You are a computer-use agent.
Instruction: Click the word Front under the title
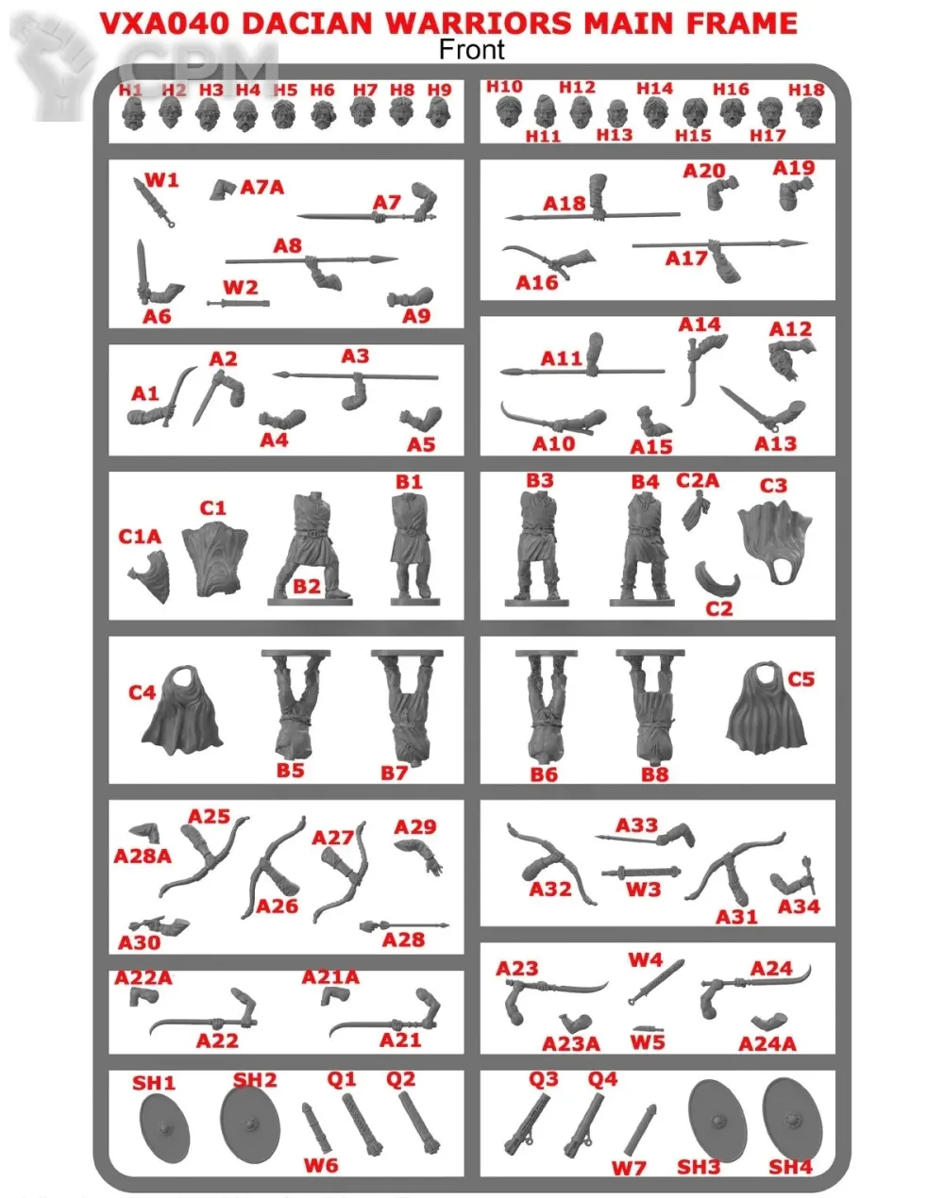pos(471,50)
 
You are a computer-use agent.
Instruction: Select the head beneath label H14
pos(656,112)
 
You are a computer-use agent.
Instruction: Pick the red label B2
pos(307,586)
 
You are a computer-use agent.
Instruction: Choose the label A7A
pos(261,187)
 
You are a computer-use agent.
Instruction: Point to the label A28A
pos(143,856)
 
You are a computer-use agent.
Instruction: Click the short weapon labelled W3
pos(641,873)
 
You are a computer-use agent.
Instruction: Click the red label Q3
pos(543,1079)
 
